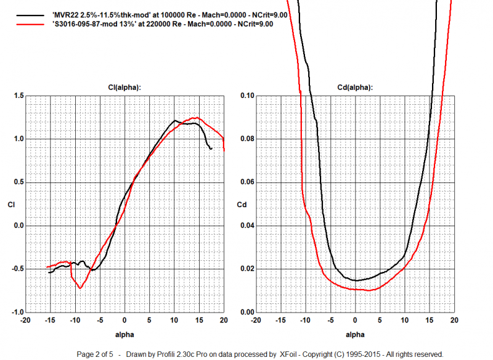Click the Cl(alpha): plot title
[x=124, y=88]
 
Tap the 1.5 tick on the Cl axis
[x=17, y=96]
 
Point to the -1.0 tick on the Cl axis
[x=16, y=312]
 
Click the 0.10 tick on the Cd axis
[x=230, y=96]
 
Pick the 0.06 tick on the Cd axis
[x=230, y=182]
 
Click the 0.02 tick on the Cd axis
[x=230, y=269]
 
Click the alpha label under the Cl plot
[x=125, y=333]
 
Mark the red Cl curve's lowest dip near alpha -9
[x=80, y=288]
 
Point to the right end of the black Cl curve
[x=211, y=149]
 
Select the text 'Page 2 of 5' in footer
[x=96, y=354]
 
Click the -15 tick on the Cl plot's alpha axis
[x=50, y=321]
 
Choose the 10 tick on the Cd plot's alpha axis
[x=405, y=321]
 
